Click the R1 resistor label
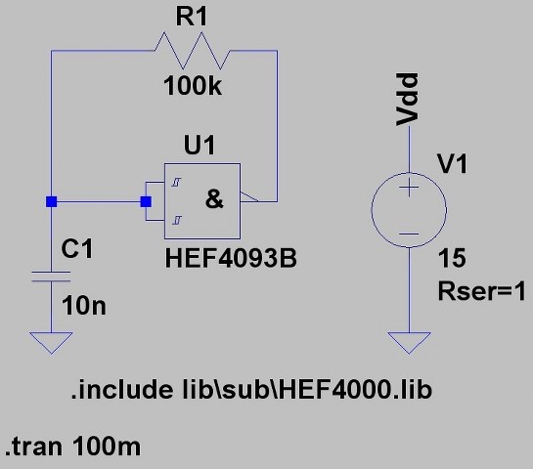pyautogui.click(x=192, y=17)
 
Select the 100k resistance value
pyautogui.click(x=193, y=86)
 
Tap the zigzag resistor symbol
pyautogui.click(x=192, y=51)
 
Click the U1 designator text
pyautogui.click(x=200, y=145)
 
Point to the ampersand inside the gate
pyautogui.click(x=214, y=199)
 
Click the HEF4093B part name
pyautogui.click(x=231, y=259)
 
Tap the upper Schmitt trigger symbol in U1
pyautogui.click(x=176, y=183)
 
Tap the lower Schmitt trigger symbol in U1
pyautogui.click(x=176, y=221)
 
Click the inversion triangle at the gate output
pyautogui.click(x=248, y=197)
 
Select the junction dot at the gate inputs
pyautogui.click(x=146, y=201)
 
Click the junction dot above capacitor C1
pyautogui.click(x=51, y=201)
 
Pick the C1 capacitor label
pyautogui.click(x=77, y=249)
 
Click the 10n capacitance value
pyautogui.click(x=84, y=306)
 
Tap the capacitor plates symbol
pyautogui.click(x=51, y=277)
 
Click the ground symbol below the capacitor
pyautogui.click(x=51, y=343)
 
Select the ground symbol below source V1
pyautogui.click(x=409, y=343)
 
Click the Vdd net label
pyautogui.click(x=407, y=100)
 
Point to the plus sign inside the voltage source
pyautogui.click(x=409, y=188)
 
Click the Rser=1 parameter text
pyautogui.click(x=482, y=291)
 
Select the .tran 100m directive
pyautogui.click(x=72, y=446)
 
